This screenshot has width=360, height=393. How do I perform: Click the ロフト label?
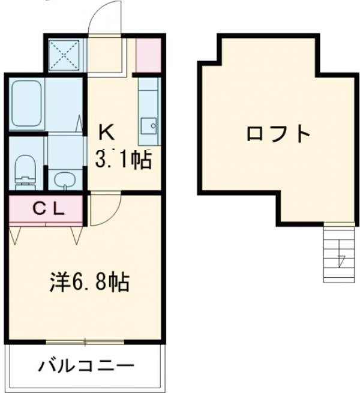coord(278,133)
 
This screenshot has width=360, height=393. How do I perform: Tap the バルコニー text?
coord(87,365)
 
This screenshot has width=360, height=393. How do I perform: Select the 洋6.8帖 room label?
coord(89,282)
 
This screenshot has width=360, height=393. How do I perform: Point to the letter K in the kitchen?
coord(106,131)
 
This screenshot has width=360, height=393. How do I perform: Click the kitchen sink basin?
coord(149,126)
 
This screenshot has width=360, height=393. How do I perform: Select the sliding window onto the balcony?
coord(85,342)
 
